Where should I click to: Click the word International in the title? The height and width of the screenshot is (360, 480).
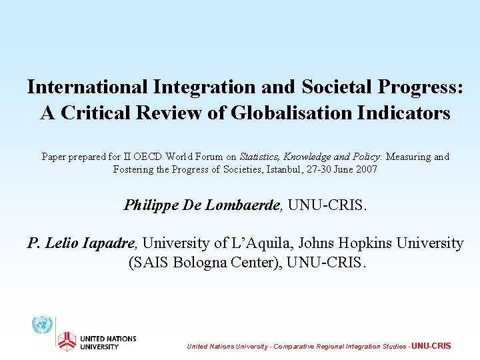[87, 87]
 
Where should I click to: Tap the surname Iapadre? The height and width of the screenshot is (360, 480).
[110, 243]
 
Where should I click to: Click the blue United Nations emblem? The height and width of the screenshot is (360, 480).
[42, 325]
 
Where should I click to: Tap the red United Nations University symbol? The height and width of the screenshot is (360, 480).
[67, 341]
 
